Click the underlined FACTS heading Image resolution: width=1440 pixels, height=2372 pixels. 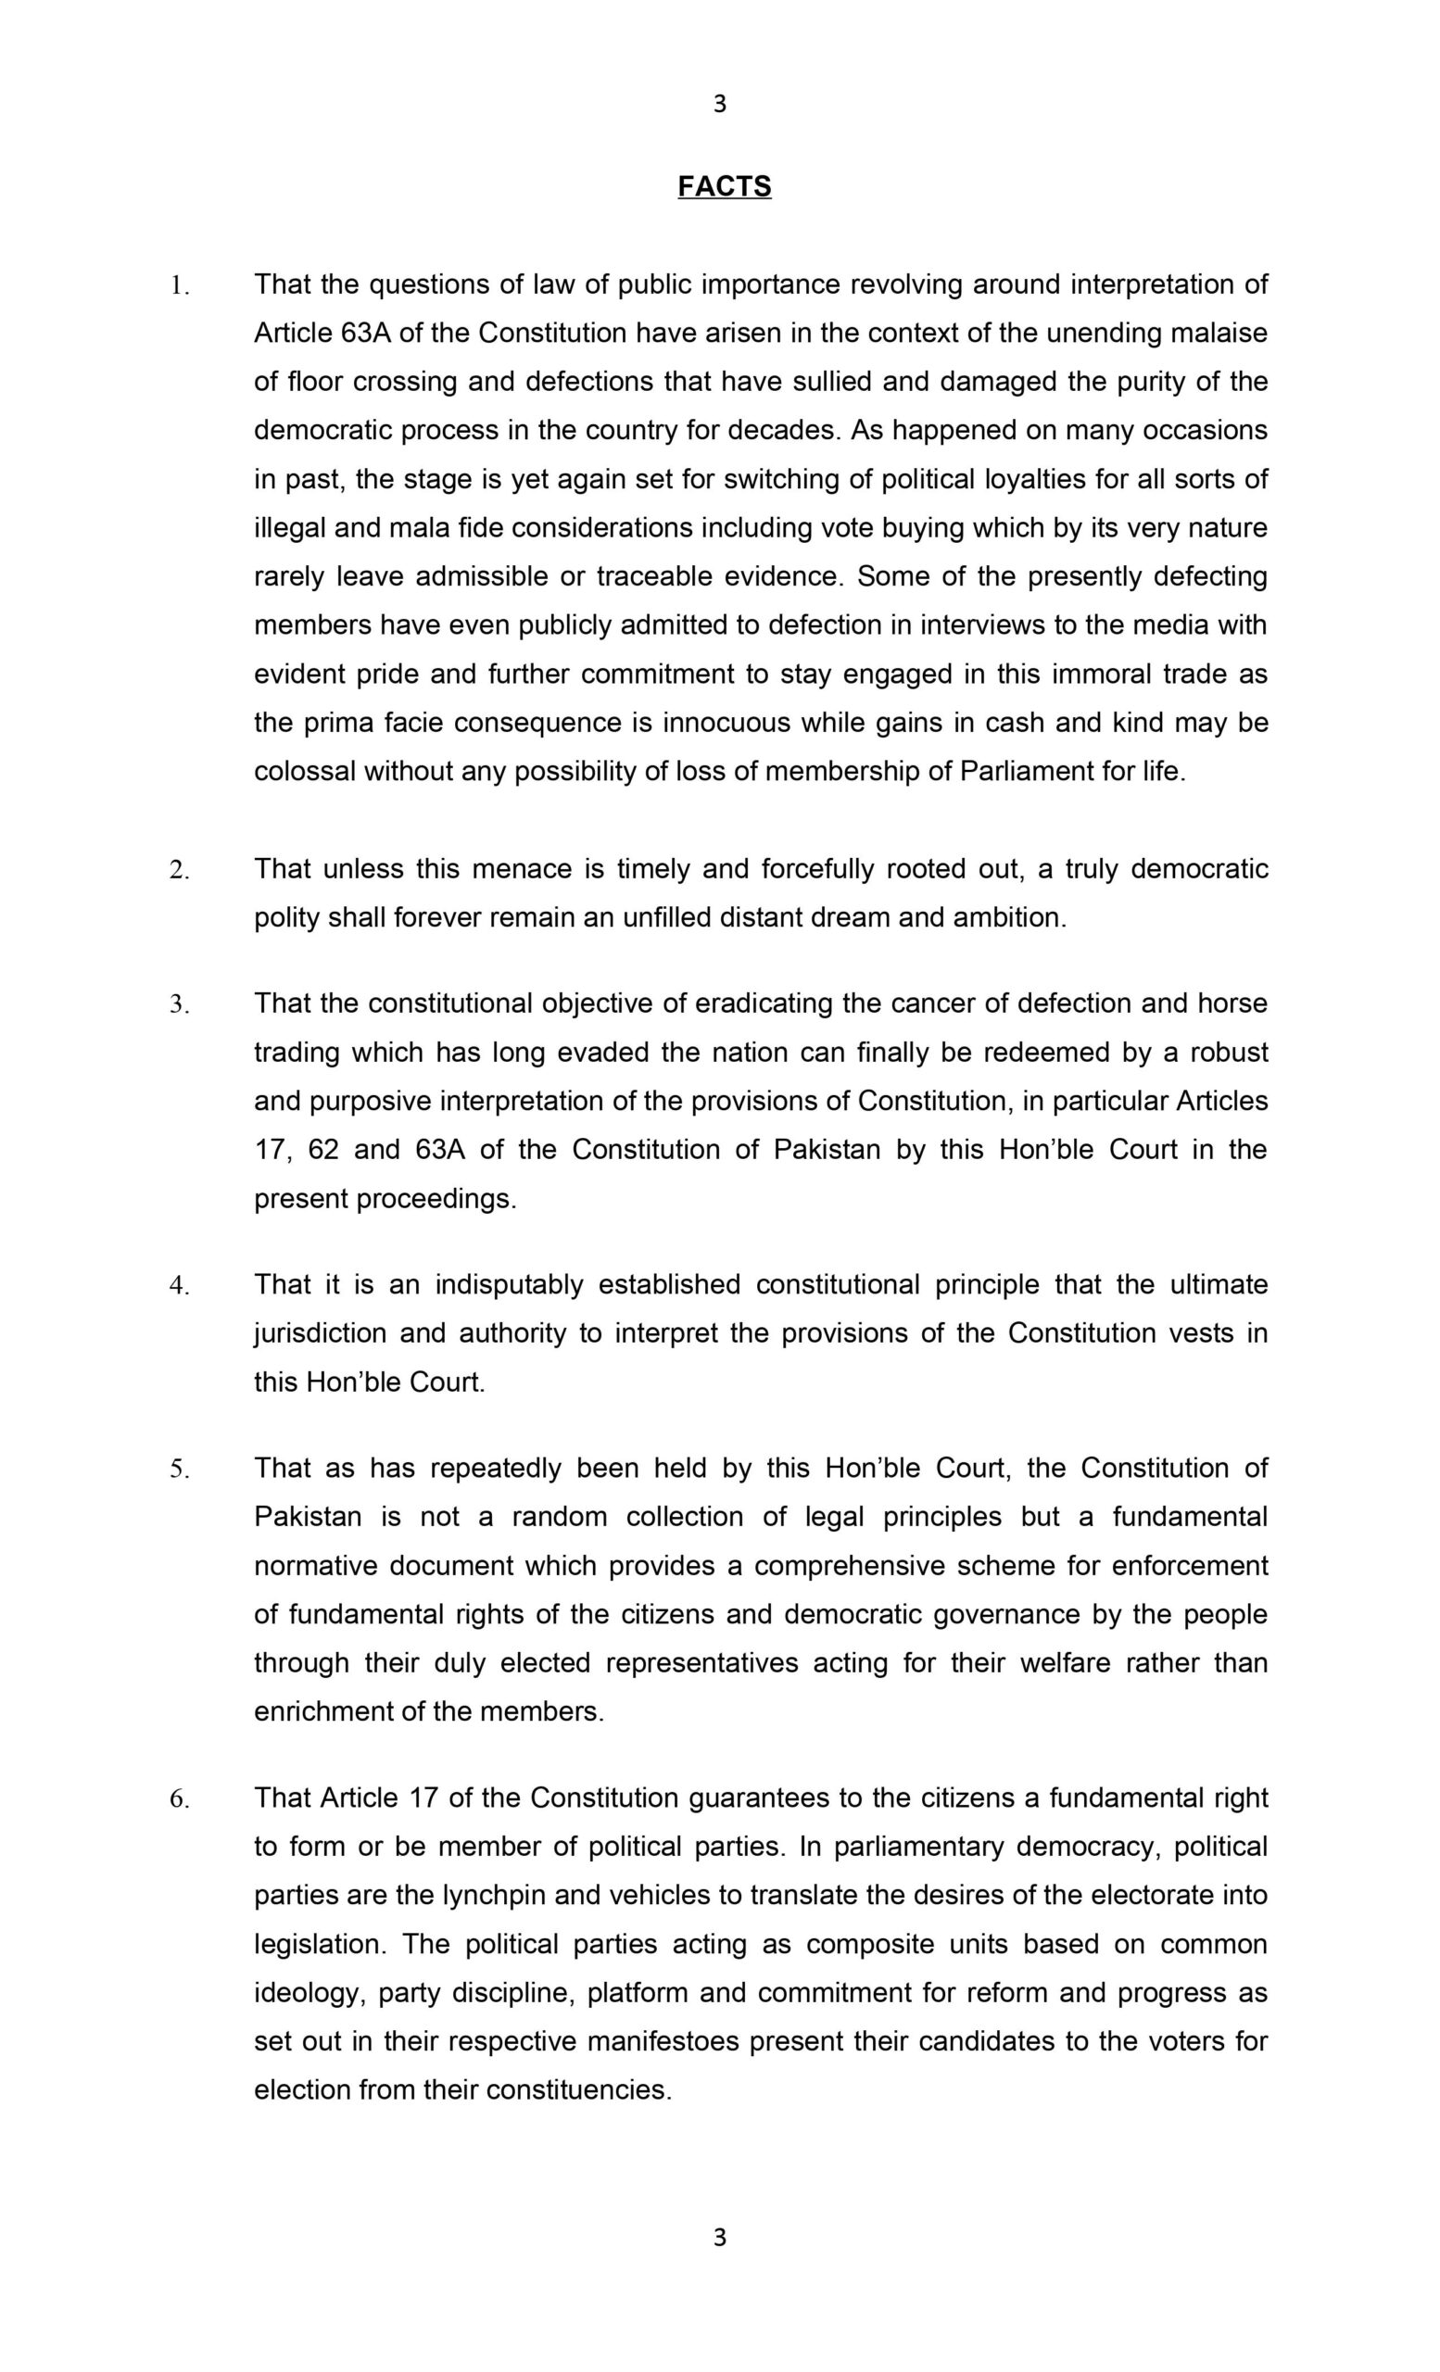pos(724,186)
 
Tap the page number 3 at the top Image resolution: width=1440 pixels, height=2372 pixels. pos(719,104)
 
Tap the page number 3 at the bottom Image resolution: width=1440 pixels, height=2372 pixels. pos(719,2238)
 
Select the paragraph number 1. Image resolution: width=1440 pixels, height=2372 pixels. pos(179,285)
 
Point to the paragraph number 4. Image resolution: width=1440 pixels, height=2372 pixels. pos(179,1285)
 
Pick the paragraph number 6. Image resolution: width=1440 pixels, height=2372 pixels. pos(179,1798)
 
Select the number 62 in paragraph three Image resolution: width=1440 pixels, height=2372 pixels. pos(323,1150)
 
